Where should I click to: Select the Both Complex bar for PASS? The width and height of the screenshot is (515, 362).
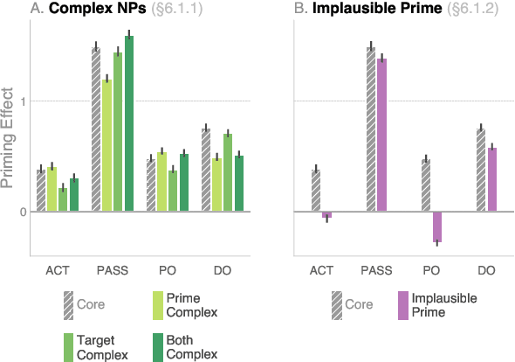click(x=129, y=123)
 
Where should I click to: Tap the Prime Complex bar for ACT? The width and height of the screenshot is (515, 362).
click(x=51, y=188)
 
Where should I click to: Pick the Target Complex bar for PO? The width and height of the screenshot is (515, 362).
click(x=173, y=191)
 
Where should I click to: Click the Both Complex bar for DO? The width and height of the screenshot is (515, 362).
click(x=239, y=184)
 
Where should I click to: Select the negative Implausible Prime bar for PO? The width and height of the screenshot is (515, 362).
click(x=436, y=226)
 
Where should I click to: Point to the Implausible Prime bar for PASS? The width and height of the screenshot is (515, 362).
click(x=381, y=135)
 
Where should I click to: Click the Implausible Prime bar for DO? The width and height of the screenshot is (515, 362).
click(x=491, y=179)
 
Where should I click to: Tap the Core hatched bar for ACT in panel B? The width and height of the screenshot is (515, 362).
click(x=315, y=190)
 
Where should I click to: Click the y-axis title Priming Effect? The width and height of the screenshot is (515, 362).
click(x=9, y=137)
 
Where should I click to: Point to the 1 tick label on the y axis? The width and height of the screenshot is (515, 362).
click(x=22, y=101)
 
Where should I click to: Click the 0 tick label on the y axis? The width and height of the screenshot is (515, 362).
click(x=22, y=212)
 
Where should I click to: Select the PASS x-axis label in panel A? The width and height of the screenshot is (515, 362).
click(x=113, y=271)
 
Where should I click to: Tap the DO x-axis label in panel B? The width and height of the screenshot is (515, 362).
click(x=486, y=271)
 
